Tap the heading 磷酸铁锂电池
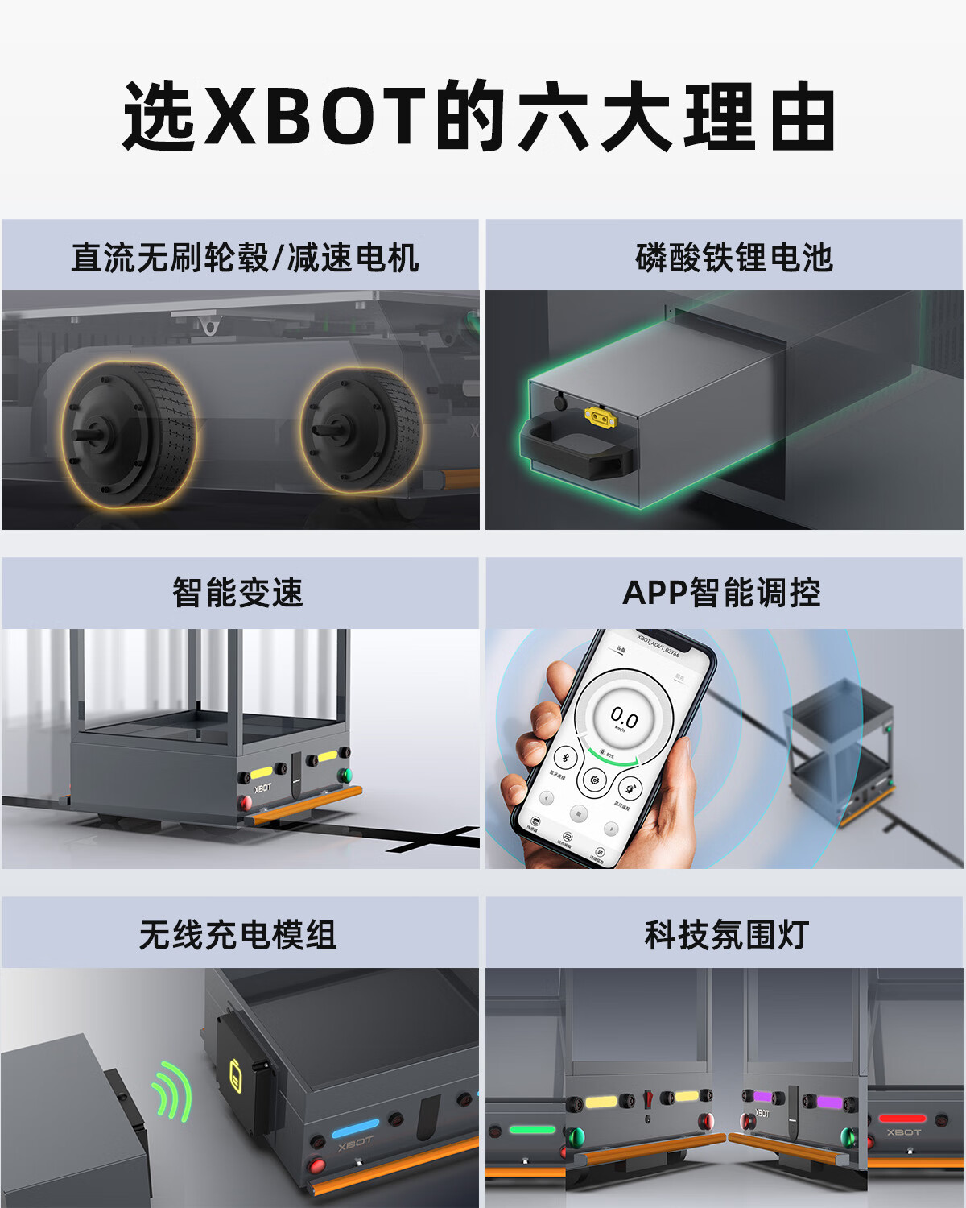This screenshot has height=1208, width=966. (x=733, y=258)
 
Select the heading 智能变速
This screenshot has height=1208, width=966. (x=238, y=593)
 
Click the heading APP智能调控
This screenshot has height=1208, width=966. (x=721, y=593)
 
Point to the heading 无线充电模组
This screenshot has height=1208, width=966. (x=238, y=935)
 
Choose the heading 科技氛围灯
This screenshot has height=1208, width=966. (x=726, y=935)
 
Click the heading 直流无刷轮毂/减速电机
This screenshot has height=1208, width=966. (x=245, y=258)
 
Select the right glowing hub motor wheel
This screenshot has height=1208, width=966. (x=361, y=430)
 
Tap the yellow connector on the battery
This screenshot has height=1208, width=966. (x=600, y=416)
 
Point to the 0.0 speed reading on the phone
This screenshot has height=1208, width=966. (x=624, y=717)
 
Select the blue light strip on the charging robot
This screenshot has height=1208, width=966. (x=355, y=1126)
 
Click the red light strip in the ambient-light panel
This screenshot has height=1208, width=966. (x=902, y=1118)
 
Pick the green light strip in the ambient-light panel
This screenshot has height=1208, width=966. (x=532, y=1129)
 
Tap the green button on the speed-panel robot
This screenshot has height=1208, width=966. (x=345, y=776)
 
